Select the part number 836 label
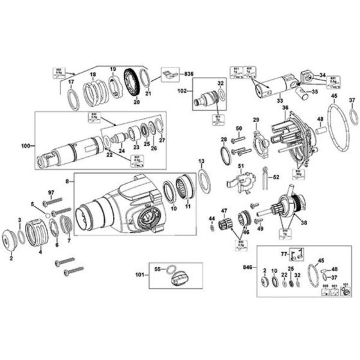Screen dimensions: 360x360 pyautogui.click(x=189, y=75)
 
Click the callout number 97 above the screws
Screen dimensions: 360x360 pyautogui.click(x=50, y=192)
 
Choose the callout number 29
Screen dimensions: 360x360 pyautogui.click(x=255, y=120)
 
